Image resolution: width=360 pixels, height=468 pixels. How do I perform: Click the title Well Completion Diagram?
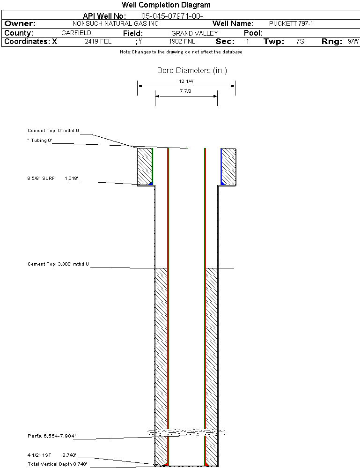[x=166, y=5]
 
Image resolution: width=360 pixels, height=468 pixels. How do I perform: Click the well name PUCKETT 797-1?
[x=291, y=23]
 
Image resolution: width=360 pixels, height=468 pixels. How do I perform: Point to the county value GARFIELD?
[x=76, y=33]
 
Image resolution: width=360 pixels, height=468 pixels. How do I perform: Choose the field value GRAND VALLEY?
[x=195, y=33]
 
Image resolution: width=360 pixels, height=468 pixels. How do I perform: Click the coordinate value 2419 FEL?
[x=98, y=42]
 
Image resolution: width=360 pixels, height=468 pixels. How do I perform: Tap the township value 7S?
[x=300, y=42]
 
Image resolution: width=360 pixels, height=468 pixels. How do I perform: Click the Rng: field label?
[x=332, y=42]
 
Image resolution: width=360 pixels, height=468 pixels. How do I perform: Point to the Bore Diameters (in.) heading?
[x=192, y=71]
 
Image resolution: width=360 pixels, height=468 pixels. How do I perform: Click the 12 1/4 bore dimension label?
[x=186, y=81]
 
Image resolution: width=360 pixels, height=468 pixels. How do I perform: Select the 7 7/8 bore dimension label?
[x=186, y=91]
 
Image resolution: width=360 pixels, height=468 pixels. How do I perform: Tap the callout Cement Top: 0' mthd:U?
[x=54, y=131]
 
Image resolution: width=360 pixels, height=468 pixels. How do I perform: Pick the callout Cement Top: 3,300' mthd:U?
[x=58, y=264]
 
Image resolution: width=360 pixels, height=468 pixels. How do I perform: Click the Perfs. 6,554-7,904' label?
[x=51, y=436]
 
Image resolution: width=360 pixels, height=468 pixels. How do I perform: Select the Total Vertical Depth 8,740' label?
[x=57, y=464]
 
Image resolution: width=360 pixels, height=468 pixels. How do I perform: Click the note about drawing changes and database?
[x=181, y=52]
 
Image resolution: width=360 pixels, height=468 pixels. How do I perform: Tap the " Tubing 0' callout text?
[x=39, y=140]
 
